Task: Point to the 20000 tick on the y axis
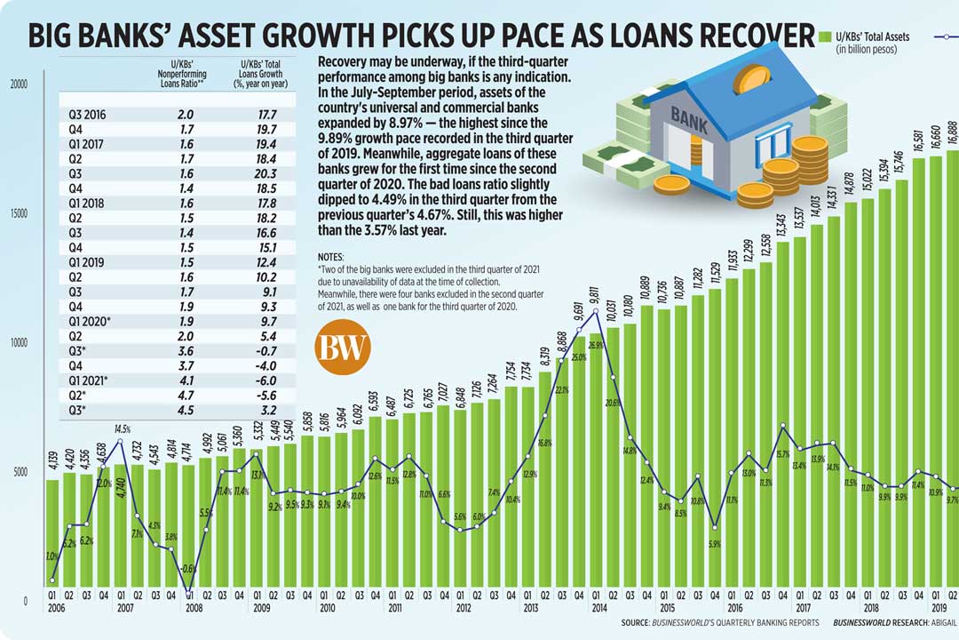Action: pos(20,84)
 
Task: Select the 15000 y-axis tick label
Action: pos(20,213)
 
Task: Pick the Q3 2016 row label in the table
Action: pos(88,115)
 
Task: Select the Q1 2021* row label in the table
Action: pos(89,380)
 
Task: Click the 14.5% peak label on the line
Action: pos(123,430)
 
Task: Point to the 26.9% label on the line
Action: pos(595,344)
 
